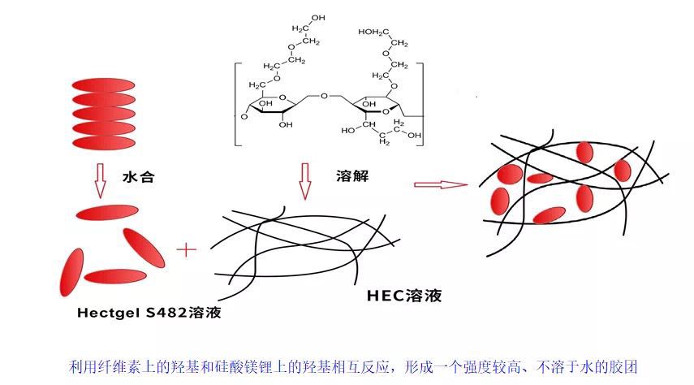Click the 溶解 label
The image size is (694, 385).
coord(351,175)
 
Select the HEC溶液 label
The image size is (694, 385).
coord(403,296)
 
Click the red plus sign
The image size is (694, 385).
coord(188,249)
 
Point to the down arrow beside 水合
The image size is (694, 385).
coord(100,180)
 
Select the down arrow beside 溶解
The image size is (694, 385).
coord(306,180)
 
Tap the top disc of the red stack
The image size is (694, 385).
coord(103,84)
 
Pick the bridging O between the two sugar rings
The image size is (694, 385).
coord(324,97)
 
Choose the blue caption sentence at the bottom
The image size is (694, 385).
coord(347,366)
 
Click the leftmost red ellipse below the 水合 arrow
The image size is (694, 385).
coord(71,273)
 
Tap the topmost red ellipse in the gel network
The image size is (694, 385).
coord(584,150)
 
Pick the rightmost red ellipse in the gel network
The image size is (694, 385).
coord(623,171)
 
